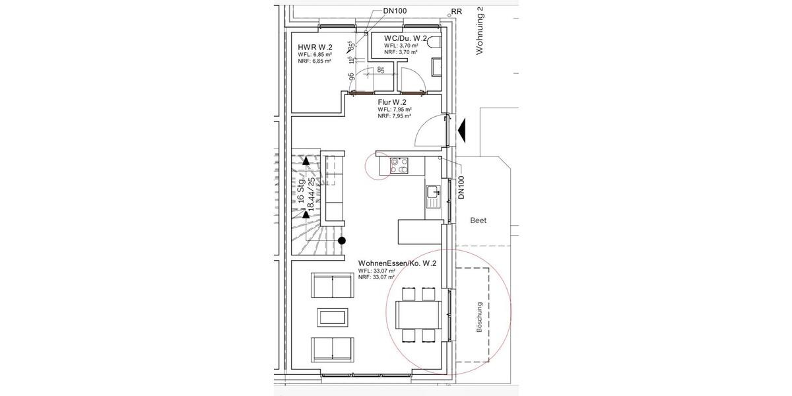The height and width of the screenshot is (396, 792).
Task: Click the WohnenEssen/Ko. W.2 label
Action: point(397,263)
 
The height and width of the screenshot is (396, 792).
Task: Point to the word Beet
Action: point(478,220)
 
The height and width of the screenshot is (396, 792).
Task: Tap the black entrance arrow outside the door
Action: point(462,128)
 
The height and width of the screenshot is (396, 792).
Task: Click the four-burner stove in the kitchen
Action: point(399,165)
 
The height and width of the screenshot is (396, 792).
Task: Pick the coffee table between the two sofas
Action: point(333,317)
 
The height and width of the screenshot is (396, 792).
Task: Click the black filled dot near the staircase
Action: point(342,241)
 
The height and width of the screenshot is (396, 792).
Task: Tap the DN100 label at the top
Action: point(396,11)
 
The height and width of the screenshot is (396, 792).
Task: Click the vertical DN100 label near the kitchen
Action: point(461,187)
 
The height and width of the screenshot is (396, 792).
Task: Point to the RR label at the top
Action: point(455,12)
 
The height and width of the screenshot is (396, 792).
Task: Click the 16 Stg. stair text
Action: point(300,190)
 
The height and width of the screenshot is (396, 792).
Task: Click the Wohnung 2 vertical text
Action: point(480,30)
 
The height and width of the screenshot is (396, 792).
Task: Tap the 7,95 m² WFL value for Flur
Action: point(403,109)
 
